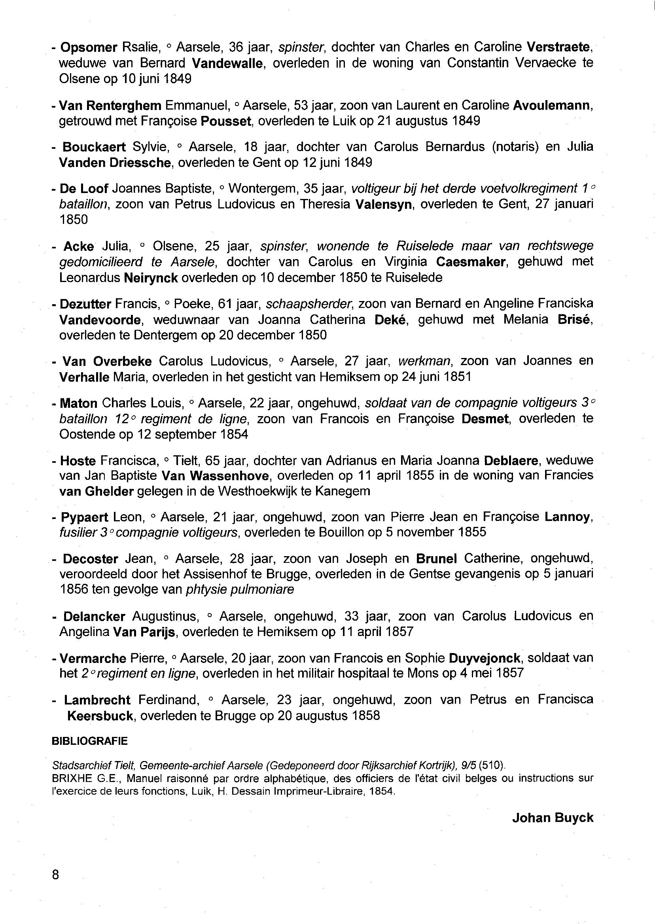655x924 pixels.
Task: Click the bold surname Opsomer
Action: click(x=88, y=47)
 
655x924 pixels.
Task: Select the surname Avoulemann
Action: click(x=552, y=106)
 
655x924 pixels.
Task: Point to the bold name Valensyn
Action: click(x=384, y=204)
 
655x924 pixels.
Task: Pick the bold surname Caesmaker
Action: click(x=471, y=262)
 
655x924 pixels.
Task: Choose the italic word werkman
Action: click(x=424, y=361)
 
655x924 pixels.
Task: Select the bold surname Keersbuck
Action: click(x=100, y=716)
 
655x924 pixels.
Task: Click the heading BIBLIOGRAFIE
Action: click(x=89, y=741)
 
